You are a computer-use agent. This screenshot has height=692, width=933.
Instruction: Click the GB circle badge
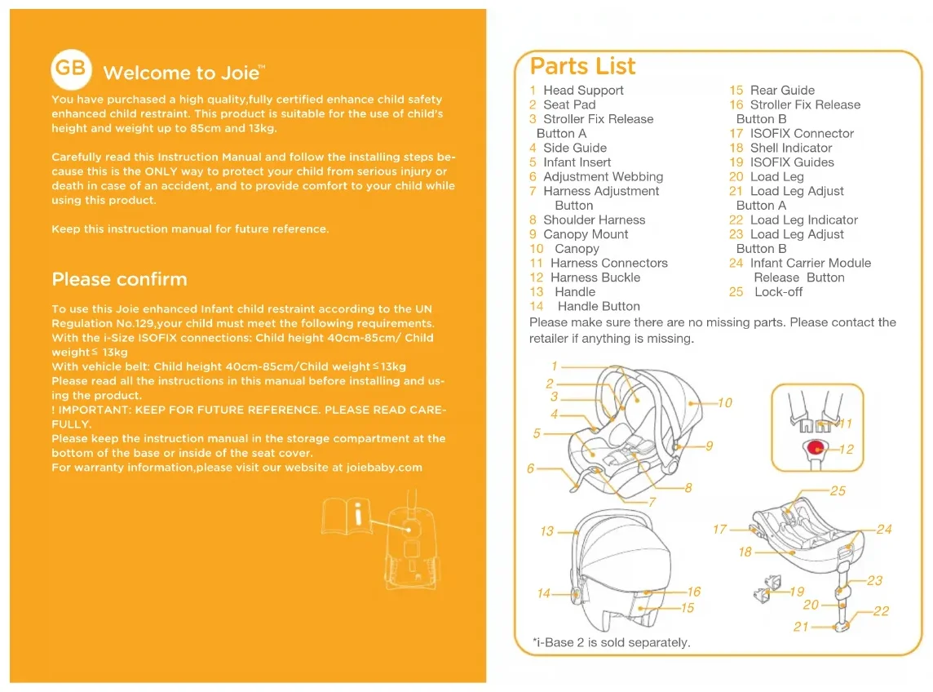(71, 69)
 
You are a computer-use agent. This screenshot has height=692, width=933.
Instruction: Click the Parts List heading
(582, 66)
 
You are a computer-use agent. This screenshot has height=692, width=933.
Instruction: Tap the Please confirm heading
(119, 279)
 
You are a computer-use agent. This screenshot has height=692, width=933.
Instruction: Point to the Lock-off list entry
(777, 292)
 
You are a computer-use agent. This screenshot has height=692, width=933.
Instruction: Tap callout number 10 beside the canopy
(724, 402)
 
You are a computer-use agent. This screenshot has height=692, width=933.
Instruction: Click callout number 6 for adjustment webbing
(531, 468)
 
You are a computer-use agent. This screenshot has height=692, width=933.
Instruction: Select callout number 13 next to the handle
(546, 531)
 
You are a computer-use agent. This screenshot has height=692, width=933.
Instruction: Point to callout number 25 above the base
(838, 491)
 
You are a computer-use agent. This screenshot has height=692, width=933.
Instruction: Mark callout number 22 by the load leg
(881, 611)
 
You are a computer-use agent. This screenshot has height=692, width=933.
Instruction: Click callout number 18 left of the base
(745, 552)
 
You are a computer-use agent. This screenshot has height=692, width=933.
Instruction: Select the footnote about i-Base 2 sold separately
(611, 643)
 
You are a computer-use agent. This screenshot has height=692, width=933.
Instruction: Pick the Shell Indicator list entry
(790, 149)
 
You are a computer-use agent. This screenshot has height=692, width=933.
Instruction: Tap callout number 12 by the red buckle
(847, 450)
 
